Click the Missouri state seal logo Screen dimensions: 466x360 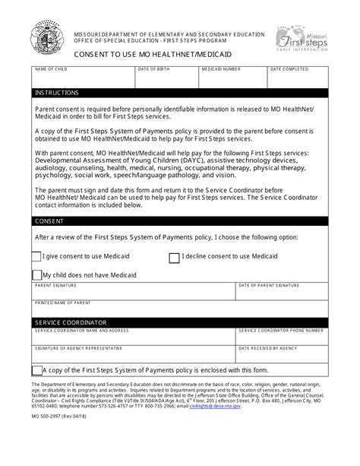point(48,37)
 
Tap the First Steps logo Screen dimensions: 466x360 point(304,37)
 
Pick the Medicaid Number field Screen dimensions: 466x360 point(231,78)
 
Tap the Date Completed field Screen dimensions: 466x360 point(298,78)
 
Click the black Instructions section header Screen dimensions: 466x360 point(180,93)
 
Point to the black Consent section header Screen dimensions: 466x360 point(180,221)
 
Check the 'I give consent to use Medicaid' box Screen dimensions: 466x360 point(38,258)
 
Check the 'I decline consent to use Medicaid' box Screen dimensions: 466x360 point(174,258)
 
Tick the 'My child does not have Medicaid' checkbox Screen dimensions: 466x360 point(37,274)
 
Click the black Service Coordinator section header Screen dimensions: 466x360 point(180,322)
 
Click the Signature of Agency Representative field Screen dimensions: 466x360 point(132,353)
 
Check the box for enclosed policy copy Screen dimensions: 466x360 point(37,370)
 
